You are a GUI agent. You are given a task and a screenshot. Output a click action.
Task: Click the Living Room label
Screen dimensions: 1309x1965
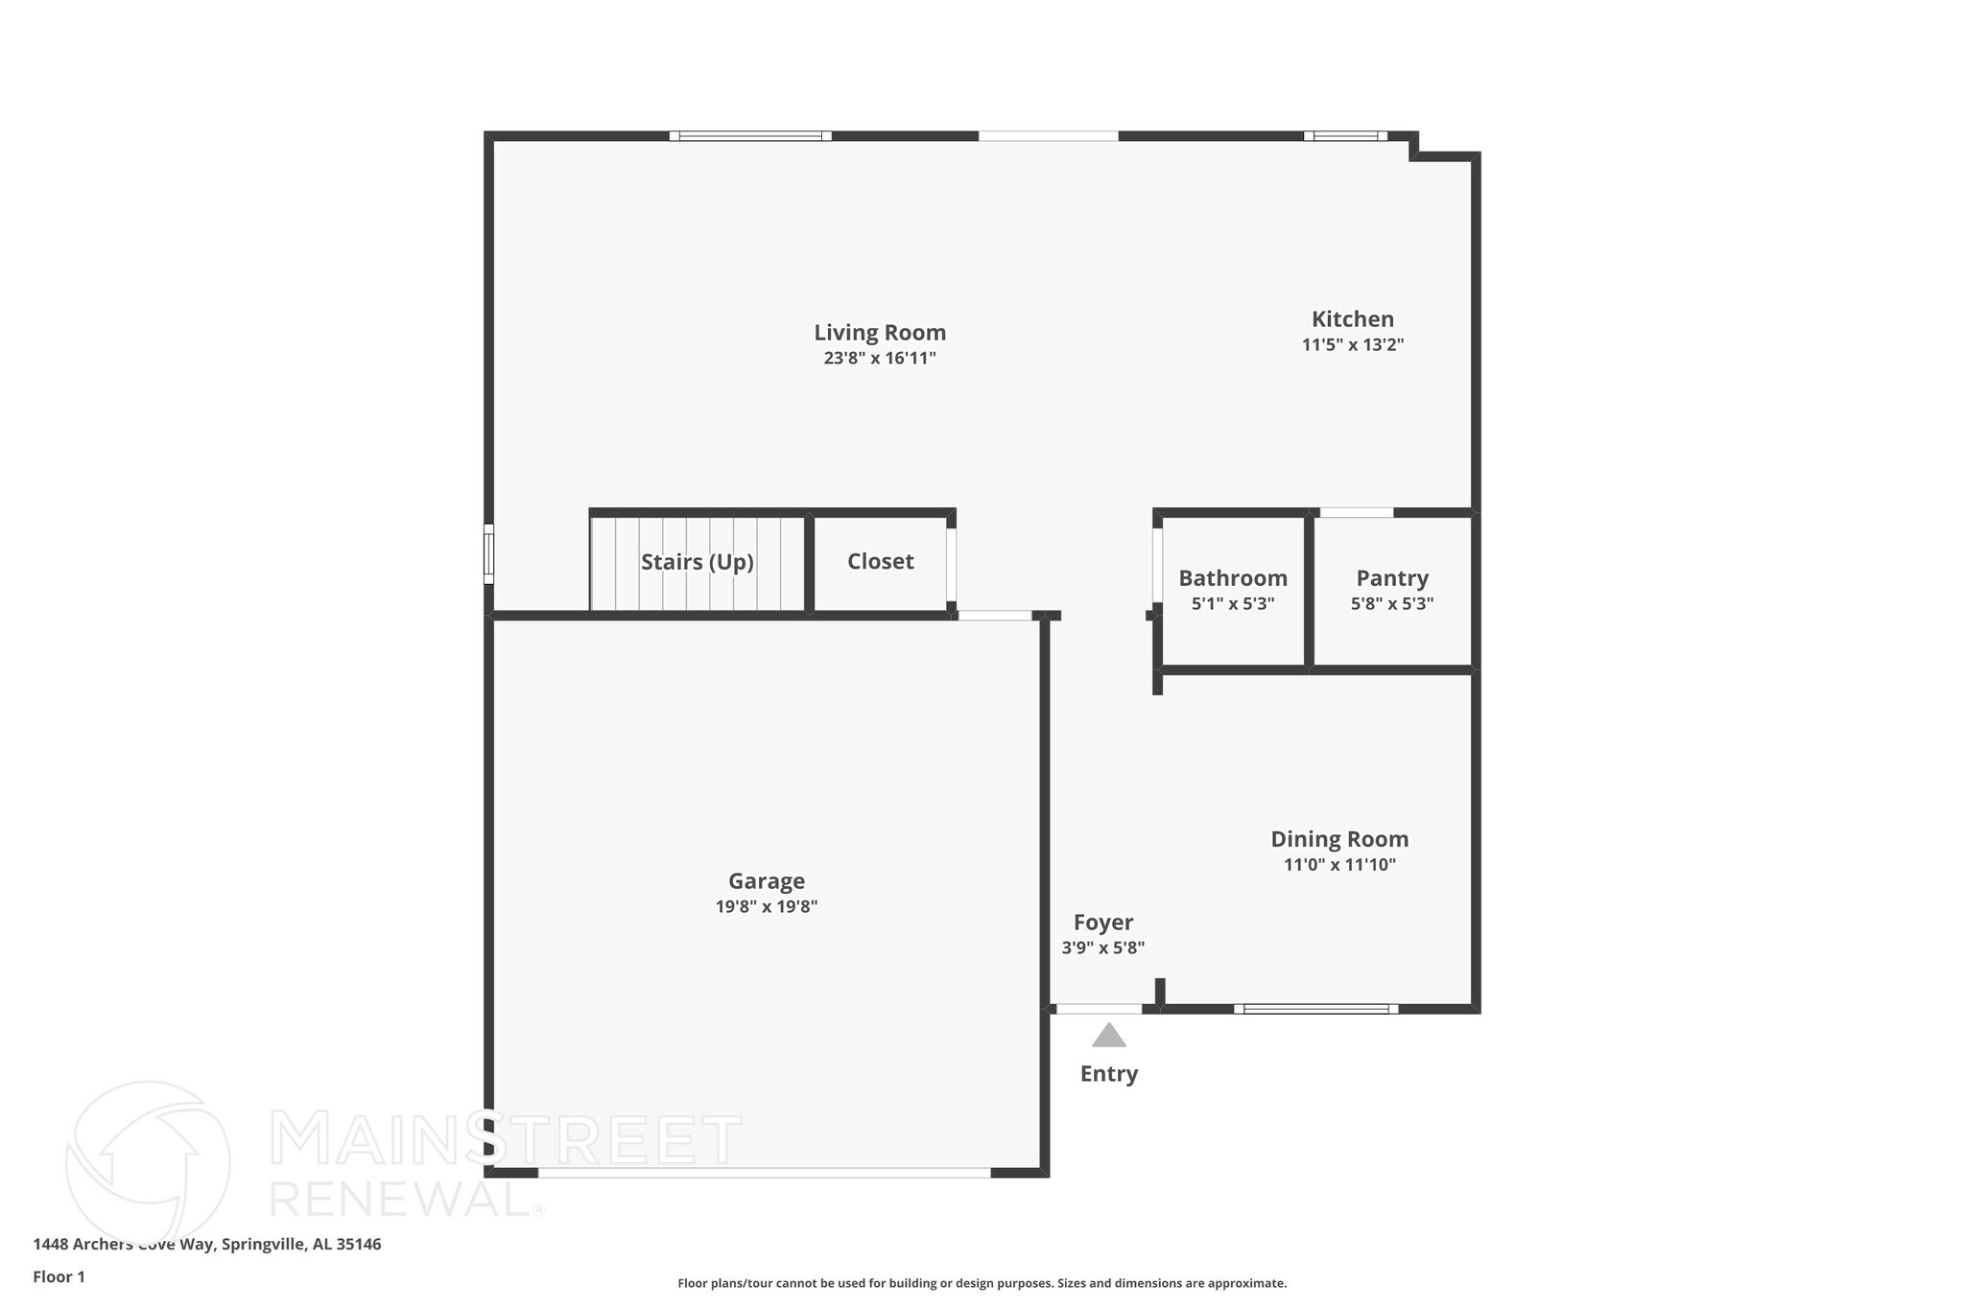coord(880,333)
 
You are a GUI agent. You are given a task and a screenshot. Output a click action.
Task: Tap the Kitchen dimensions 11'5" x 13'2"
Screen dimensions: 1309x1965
coord(1352,345)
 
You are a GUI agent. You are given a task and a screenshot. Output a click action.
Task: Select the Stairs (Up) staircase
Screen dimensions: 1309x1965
coord(698,563)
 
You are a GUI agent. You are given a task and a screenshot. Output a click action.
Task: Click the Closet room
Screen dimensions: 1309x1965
coord(880,562)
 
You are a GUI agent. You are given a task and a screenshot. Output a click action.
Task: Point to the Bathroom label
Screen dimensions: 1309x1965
coord(1232,578)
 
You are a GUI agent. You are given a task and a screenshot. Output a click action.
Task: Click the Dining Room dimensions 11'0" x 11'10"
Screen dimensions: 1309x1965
coord(1339,865)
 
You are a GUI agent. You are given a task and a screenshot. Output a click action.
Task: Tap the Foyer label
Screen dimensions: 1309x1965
coord(1102,923)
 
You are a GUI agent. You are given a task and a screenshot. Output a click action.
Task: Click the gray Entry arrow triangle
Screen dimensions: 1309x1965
coord(1108,1037)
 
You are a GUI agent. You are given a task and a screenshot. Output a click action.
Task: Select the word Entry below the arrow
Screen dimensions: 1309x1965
coord(1108,1074)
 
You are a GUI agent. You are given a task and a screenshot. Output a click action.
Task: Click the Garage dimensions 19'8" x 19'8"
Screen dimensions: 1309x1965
coord(766,907)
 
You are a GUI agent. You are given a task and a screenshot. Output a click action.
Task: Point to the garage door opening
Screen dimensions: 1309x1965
coord(764,1173)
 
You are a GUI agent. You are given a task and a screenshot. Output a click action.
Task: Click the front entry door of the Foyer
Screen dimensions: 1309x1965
coord(1099,1009)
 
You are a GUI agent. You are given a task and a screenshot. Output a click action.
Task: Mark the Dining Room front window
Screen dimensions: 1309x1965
coord(1315,1009)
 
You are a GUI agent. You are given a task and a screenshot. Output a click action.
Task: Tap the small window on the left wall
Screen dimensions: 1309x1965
coord(488,553)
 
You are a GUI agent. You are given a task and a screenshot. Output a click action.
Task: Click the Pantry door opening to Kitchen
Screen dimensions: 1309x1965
coord(1356,513)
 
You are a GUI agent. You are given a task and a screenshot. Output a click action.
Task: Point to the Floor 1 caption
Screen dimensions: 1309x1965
coord(59,1277)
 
